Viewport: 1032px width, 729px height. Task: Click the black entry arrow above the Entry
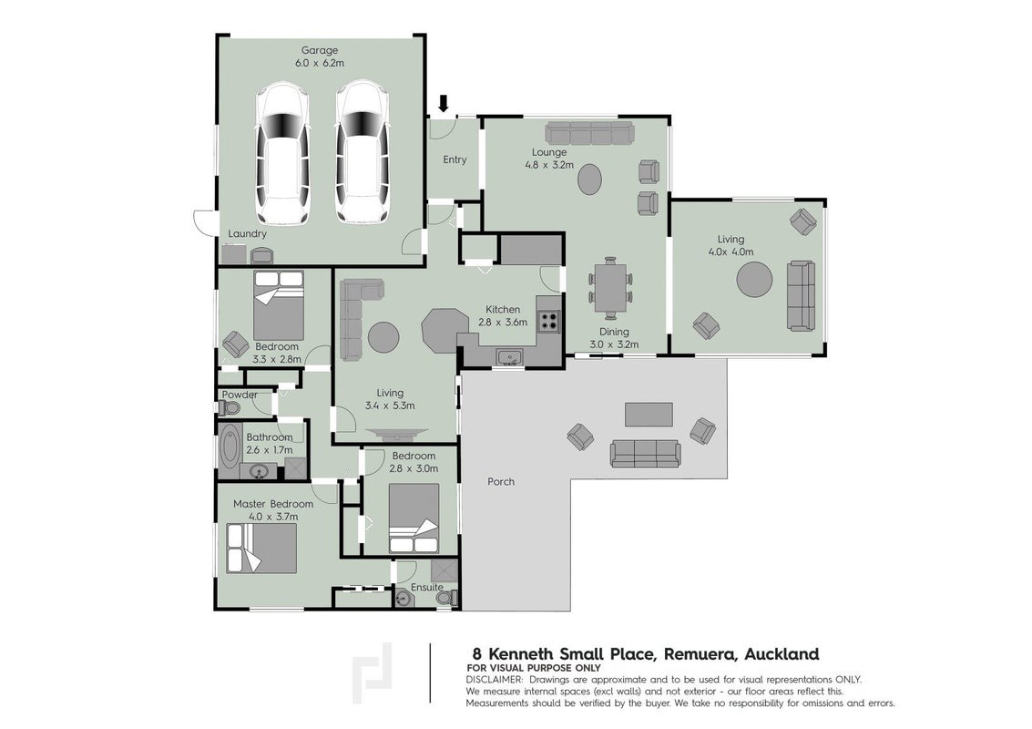point(444,103)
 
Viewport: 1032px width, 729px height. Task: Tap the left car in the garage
point(282,152)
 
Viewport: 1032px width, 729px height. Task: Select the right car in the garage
point(362,152)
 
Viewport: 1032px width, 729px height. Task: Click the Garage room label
point(320,50)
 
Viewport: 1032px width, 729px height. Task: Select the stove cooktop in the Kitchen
point(549,321)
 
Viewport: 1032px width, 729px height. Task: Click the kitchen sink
point(509,357)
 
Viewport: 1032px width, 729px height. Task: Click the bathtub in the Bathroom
point(230,451)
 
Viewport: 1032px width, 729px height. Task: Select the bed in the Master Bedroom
point(261,548)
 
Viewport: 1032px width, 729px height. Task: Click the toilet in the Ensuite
point(447,597)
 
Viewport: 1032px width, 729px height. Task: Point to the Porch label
point(501,481)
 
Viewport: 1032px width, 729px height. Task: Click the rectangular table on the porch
point(649,415)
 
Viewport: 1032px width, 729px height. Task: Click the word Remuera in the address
point(701,654)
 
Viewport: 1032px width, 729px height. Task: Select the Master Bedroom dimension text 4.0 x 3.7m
point(274,517)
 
